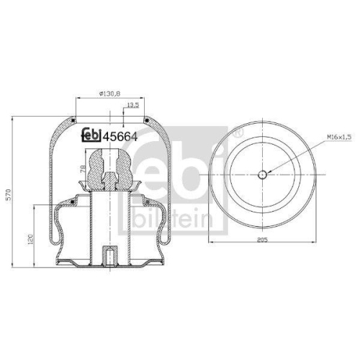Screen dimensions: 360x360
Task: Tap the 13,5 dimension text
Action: [132, 106]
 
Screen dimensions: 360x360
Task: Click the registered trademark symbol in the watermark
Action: [240, 133]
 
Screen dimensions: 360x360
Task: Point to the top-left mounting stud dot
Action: [74, 118]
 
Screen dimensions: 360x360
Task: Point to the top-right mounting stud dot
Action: [145, 118]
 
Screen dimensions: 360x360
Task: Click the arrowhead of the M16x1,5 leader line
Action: [271, 171]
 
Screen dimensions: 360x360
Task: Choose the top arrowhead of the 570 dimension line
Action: [12, 117]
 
